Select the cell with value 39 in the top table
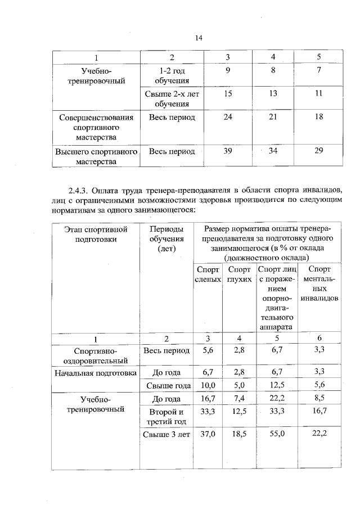click(x=228, y=151)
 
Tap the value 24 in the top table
click(x=228, y=118)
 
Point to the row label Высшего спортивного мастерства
click(x=96, y=157)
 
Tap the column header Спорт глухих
click(x=240, y=274)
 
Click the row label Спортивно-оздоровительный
click(x=95, y=355)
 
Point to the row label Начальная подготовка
click(x=96, y=372)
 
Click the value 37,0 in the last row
click(x=208, y=434)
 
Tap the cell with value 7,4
click(x=240, y=399)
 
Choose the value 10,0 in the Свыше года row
click(x=208, y=385)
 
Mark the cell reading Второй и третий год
click(x=167, y=417)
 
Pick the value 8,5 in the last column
click(x=319, y=399)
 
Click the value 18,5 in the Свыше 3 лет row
click(x=240, y=434)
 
